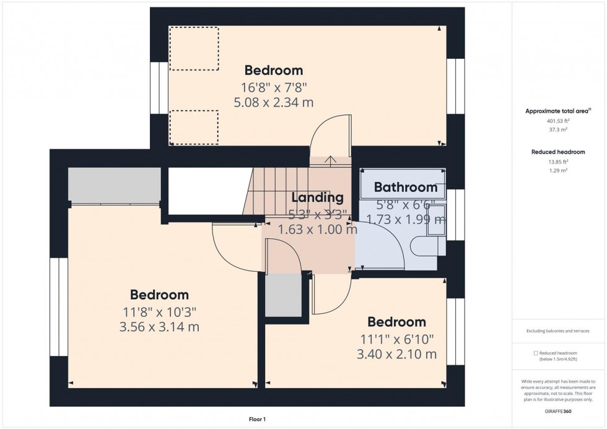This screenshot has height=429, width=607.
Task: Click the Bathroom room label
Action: pos(405,187)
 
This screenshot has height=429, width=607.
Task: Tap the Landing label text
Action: pos(317,197)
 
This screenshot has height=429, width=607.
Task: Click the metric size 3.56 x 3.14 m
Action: pos(159,327)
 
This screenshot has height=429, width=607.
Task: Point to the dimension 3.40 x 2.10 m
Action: pos(396,354)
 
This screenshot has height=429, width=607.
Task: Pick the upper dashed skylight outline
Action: pos(194,48)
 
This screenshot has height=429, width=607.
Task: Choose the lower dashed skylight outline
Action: pos(194,127)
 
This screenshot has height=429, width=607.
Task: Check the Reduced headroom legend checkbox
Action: pos(536,353)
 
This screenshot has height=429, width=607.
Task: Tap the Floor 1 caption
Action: pos(256,420)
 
